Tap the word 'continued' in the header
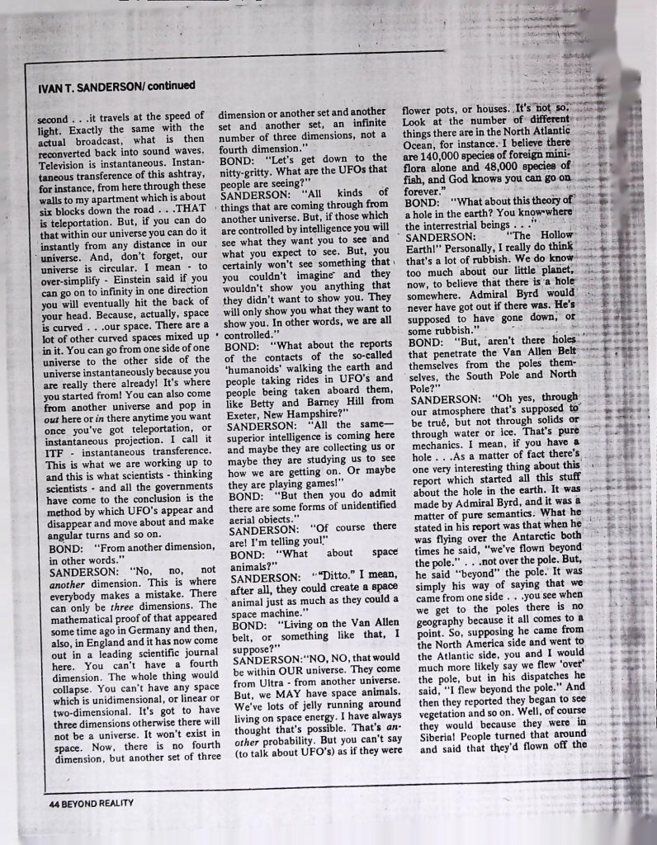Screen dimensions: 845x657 [170, 85]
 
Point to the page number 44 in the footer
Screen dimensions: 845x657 [53, 801]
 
